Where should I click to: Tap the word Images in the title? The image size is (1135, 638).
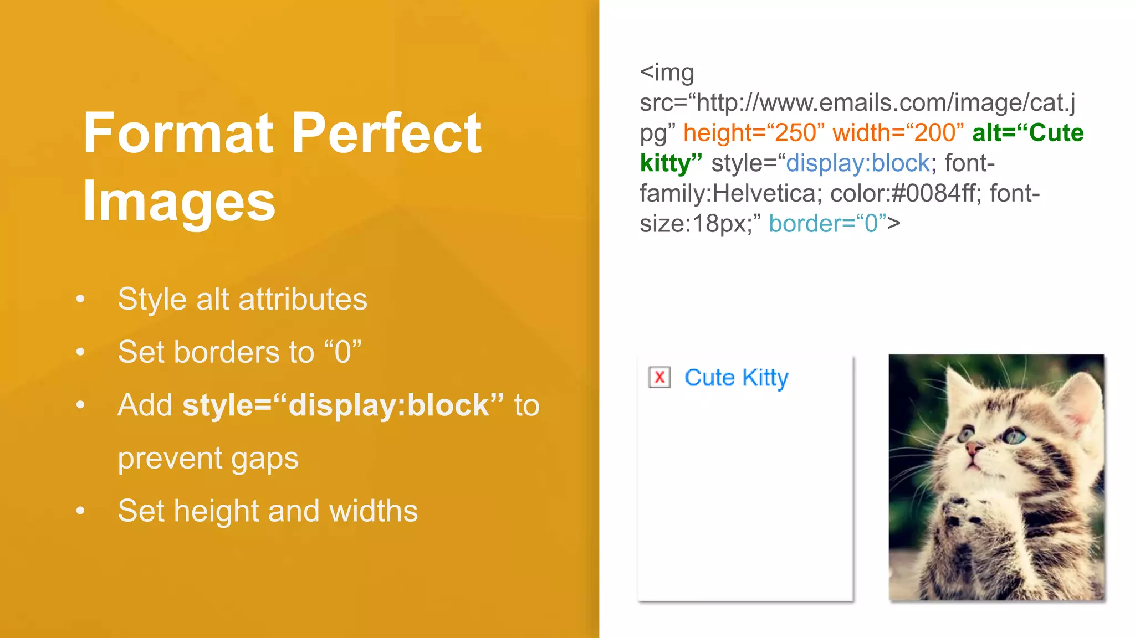[179, 202]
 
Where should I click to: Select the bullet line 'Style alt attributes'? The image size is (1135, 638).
[242, 300]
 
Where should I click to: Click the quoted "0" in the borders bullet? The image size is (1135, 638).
[342, 352]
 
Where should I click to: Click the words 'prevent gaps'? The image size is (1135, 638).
[208, 459]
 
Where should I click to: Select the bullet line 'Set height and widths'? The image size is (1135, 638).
[268, 511]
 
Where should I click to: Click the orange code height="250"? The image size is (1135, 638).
[754, 133]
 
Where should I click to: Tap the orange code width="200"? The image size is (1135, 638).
[898, 133]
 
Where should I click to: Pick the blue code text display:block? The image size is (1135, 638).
[858, 163]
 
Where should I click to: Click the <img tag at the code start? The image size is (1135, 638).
[667, 73]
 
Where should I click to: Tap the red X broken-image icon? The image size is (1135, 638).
[659, 378]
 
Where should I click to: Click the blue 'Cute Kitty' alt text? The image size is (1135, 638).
[736, 378]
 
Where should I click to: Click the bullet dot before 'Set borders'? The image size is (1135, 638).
[81, 352]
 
